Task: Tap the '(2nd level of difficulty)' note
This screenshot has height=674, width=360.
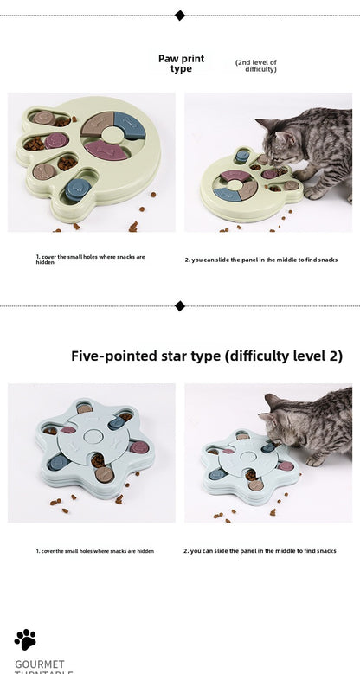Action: pyautogui.click(x=256, y=66)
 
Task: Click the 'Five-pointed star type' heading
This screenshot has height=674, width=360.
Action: pyautogui.click(x=206, y=356)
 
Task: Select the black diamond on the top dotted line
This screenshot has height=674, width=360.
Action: pyautogui.click(x=180, y=15)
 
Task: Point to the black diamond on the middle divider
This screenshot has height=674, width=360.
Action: pyautogui.click(x=180, y=305)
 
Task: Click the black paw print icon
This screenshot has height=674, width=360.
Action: pyautogui.click(x=25, y=639)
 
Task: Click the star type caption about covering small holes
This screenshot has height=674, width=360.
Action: pyautogui.click(x=95, y=550)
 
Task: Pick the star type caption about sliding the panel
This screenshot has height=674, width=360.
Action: pyautogui.click(x=260, y=550)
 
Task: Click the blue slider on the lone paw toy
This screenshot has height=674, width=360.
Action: pyautogui.click(x=76, y=188)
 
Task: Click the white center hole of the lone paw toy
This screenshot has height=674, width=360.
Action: pyautogui.click(x=113, y=135)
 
